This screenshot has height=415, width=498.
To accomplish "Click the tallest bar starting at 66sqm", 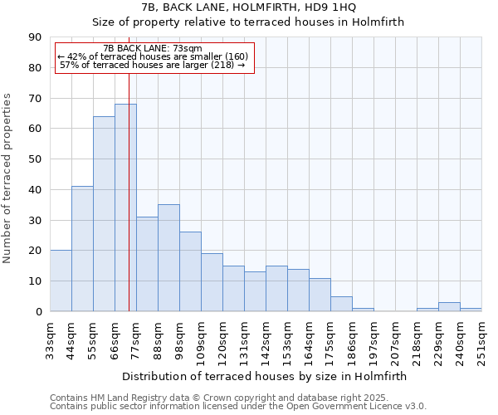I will click(x=125, y=207).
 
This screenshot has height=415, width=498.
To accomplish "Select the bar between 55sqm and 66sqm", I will click(x=104, y=214).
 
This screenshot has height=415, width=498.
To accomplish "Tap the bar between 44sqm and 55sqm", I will click(x=82, y=249).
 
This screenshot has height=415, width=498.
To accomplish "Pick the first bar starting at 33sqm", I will click(x=61, y=281).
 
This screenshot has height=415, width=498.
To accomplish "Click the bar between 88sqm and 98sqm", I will click(x=168, y=258).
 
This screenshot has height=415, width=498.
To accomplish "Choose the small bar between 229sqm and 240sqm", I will click(x=449, y=307).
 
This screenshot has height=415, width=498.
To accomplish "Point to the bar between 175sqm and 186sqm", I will click(x=341, y=304).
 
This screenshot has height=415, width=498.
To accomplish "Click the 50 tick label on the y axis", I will click(x=36, y=159).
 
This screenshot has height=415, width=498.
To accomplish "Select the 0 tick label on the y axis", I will click(x=38, y=311).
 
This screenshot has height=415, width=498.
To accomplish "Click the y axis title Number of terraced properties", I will click(x=8, y=178).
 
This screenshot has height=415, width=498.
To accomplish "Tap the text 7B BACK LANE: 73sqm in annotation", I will click(x=153, y=49).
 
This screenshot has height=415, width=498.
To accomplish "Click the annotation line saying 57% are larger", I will click(x=153, y=65).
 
